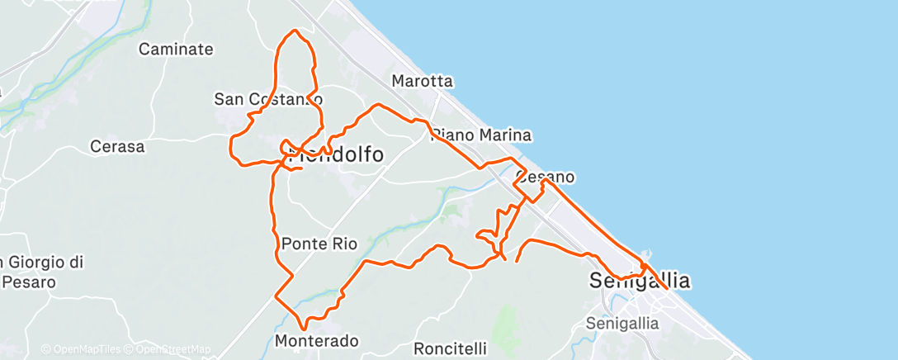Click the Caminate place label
coord(176,50)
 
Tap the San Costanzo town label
coord(267,99)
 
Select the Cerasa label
coord(117,147)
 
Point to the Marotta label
coord(422,81)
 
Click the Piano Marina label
coord(481,135)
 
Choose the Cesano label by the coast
coord(545,177)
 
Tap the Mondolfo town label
coord(337,154)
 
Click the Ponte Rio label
coord(319,244)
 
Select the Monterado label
coord(316,341)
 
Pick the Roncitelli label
coord(450,348)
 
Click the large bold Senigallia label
coord(640,281)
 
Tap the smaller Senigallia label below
coord(622,323)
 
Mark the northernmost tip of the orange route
coord(295,31)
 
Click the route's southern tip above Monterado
coord(305,329)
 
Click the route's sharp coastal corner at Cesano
coord(543,180)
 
